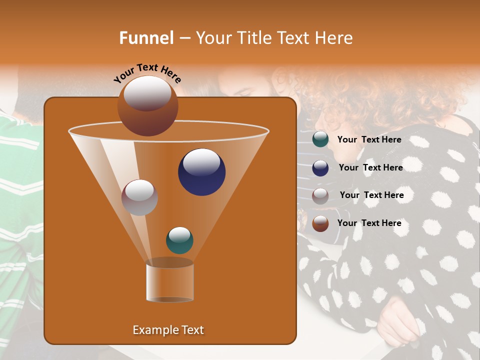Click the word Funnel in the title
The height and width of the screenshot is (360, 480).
pyautogui.click(x=146, y=38)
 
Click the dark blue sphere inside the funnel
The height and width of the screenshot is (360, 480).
pyautogui.click(x=202, y=172)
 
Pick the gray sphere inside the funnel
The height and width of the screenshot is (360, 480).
pyautogui.click(x=139, y=197)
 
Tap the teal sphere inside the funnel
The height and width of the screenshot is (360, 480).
pyautogui.click(x=179, y=240)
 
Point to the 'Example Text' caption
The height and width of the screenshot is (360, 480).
pyautogui.click(x=168, y=330)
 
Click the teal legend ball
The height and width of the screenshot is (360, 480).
pyautogui.click(x=320, y=139)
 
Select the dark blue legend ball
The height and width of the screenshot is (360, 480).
pyautogui.click(x=320, y=168)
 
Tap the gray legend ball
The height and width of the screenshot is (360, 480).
pyautogui.click(x=320, y=195)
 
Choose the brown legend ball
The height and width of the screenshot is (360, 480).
pyautogui.click(x=320, y=223)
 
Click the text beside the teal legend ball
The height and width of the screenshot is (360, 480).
pyautogui.click(x=369, y=140)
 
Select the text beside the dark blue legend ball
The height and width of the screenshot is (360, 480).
pyautogui.click(x=370, y=168)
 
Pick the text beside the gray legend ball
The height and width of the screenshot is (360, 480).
pyautogui.click(x=371, y=195)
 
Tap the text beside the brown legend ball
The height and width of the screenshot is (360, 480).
pyautogui.click(x=369, y=223)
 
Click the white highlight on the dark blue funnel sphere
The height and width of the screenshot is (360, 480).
pyautogui.click(x=201, y=162)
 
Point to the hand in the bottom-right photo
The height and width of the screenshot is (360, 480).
pyautogui.click(x=398, y=320)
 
